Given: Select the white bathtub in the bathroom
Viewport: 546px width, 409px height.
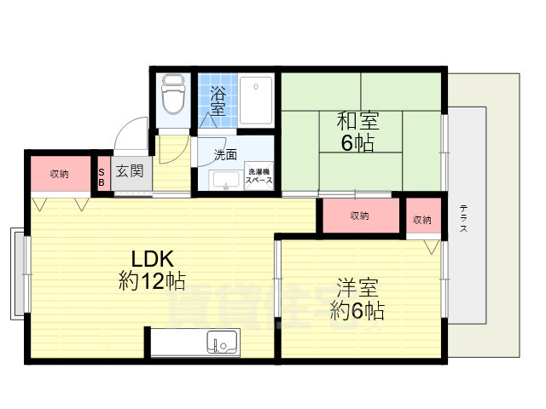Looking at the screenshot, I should [x=255, y=100].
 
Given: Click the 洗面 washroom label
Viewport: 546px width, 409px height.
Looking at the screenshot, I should [x=225, y=155].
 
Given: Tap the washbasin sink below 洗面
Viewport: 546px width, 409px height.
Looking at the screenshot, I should [x=225, y=180].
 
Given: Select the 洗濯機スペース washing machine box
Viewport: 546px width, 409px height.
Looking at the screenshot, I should [x=258, y=175].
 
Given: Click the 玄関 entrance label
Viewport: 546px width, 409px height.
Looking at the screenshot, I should [x=130, y=170].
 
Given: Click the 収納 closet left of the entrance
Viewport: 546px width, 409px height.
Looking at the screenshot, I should [x=59, y=174].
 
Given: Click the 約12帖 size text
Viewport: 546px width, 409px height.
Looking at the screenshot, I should [x=152, y=281].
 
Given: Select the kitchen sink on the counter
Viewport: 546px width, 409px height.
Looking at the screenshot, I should [x=222, y=343].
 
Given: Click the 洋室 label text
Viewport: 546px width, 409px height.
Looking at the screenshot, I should [x=357, y=287].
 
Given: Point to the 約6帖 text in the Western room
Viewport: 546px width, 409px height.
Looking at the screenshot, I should [x=357, y=310].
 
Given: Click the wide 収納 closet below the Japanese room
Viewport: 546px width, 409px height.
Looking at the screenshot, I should [x=359, y=216].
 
